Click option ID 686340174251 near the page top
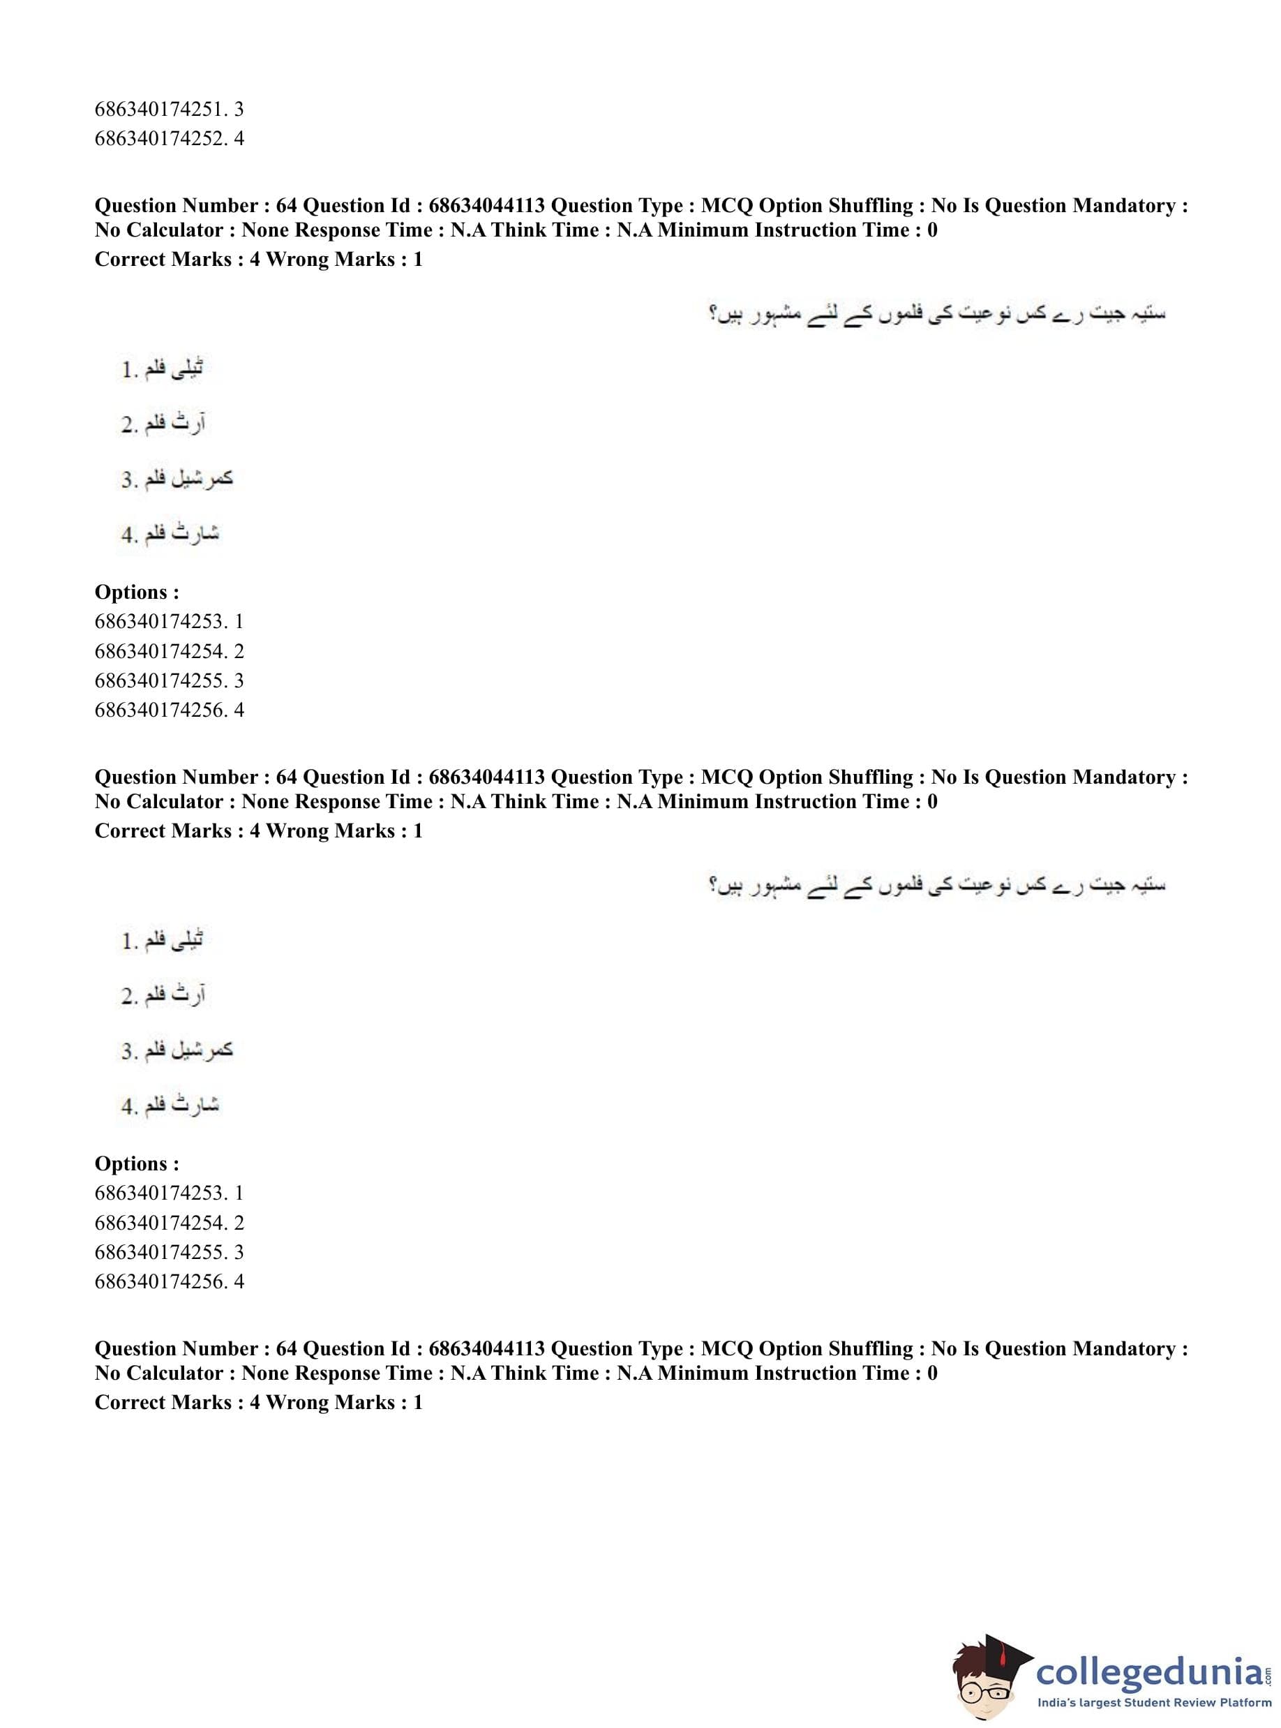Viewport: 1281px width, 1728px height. (x=168, y=110)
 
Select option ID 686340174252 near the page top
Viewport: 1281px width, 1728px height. (x=168, y=139)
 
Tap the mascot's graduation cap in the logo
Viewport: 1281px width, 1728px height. (x=1001, y=1641)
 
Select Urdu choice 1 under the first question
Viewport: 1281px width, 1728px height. (x=162, y=369)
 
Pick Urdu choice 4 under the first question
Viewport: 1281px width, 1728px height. (x=170, y=534)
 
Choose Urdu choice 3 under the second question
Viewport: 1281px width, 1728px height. (x=177, y=1050)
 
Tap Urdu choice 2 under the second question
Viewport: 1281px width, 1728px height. (x=163, y=995)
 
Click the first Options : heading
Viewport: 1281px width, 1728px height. (x=137, y=593)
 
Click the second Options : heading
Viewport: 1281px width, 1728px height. (x=137, y=1164)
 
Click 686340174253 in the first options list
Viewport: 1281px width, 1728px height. (x=168, y=622)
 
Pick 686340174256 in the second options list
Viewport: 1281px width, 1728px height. (x=168, y=1282)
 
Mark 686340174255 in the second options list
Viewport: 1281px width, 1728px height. (x=168, y=1253)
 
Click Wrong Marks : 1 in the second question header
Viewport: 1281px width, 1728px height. (x=344, y=831)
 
